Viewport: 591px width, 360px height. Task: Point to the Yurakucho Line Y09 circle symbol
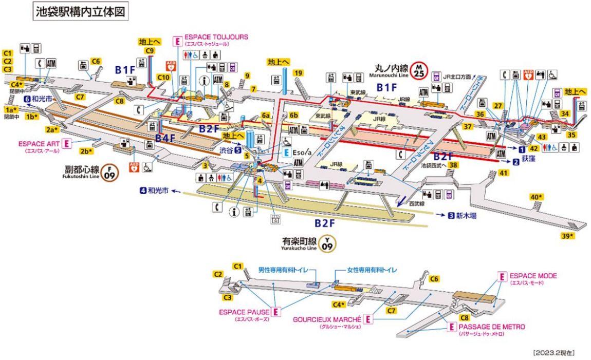[327, 243]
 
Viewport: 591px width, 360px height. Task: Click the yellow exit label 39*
[567, 236]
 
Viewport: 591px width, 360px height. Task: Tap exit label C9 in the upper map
[150, 51]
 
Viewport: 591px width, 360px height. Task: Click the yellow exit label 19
[298, 73]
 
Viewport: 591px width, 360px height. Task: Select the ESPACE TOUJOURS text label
[216, 37]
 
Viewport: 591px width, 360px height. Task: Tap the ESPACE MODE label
[533, 276]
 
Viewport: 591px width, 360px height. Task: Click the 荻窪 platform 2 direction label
[523, 161]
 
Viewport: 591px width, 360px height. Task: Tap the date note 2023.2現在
[554, 353]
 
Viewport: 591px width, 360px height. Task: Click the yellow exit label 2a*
[52, 129]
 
